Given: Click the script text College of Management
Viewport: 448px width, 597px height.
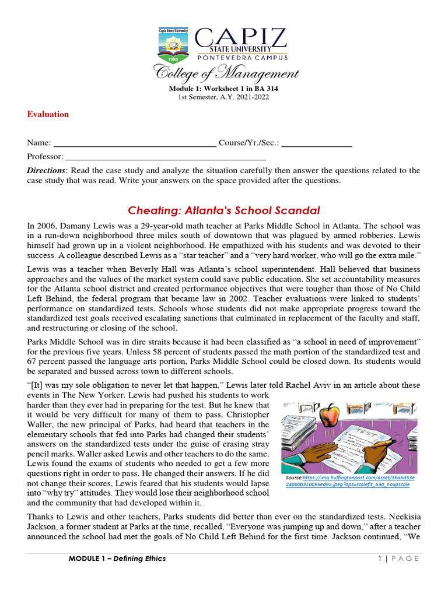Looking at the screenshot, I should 226,74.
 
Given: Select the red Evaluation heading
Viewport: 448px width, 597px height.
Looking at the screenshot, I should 48,114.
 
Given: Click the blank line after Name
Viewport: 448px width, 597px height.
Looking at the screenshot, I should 135,143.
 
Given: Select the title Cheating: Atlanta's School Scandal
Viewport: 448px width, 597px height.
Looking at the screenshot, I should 224,210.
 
